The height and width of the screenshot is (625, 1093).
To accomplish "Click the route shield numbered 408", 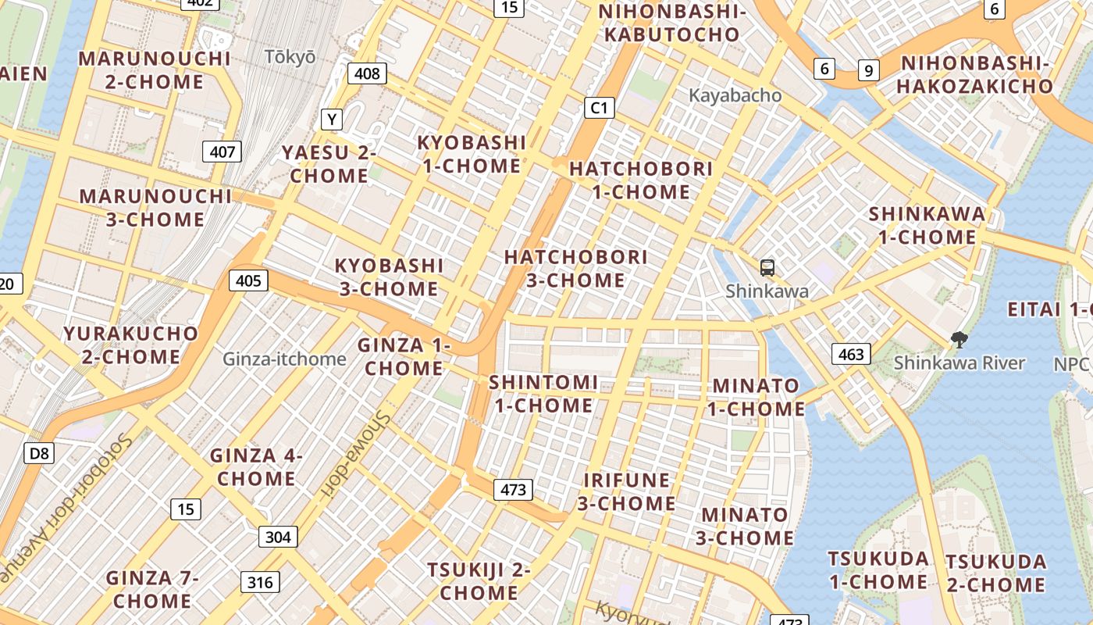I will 367,74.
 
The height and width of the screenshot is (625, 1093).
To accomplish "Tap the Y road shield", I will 333,120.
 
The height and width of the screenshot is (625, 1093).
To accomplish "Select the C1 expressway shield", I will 599,108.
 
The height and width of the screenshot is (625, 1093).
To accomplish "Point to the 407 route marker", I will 223,152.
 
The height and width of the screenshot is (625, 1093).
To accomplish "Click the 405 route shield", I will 248,280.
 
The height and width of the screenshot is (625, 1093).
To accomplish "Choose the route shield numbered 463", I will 851,355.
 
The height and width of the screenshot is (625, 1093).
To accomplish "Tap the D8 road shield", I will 38,453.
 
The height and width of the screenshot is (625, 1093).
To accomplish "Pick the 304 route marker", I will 278,537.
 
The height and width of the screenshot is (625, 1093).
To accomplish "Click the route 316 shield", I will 260,582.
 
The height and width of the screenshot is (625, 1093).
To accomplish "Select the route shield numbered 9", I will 868,70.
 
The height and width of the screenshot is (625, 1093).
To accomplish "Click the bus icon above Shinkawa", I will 767,268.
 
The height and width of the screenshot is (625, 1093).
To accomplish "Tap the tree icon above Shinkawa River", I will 958,340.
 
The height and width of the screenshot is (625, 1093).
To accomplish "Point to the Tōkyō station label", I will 290,57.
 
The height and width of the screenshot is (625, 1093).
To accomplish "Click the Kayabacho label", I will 735,95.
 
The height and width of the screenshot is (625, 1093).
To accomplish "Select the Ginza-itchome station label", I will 284,359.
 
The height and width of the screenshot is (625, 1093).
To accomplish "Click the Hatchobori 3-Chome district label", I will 575,268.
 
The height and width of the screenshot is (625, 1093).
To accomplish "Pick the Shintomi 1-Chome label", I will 543,394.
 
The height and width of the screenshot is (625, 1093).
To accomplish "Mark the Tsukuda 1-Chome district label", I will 878,570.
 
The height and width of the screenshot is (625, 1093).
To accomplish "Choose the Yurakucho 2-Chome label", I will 131,345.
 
